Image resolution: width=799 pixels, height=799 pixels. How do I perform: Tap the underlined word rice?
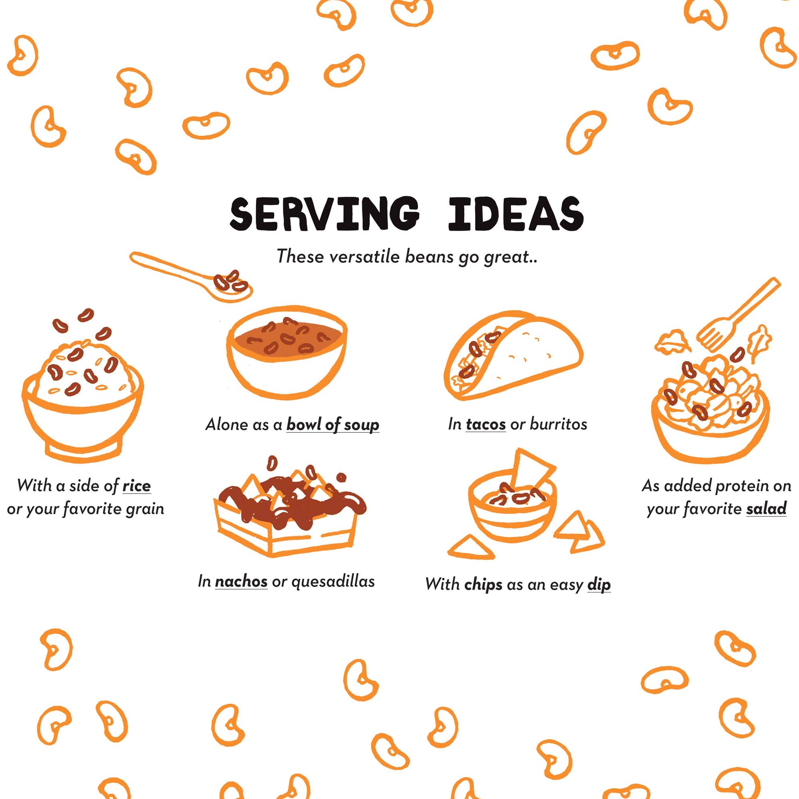pyautogui.click(x=136, y=486)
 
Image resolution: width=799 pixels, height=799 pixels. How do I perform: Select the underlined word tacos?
pyautogui.click(x=486, y=424)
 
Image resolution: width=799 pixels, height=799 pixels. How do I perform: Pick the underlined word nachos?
pyautogui.click(x=241, y=581)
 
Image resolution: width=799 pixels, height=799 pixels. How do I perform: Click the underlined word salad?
pyautogui.click(x=766, y=509)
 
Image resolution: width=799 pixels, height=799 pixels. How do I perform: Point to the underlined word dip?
pyautogui.click(x=599, y=585)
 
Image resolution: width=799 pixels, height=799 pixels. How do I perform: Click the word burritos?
pyautogui.click(x=559, y=424)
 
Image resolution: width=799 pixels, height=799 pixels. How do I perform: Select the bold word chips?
pyautogui.click(x=483, y=585)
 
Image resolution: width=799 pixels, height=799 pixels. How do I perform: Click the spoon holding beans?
pyautogui.click(x=191, y=276)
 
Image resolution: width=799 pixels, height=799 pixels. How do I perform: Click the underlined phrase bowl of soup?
pyautogui.click(x=333, y=425)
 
